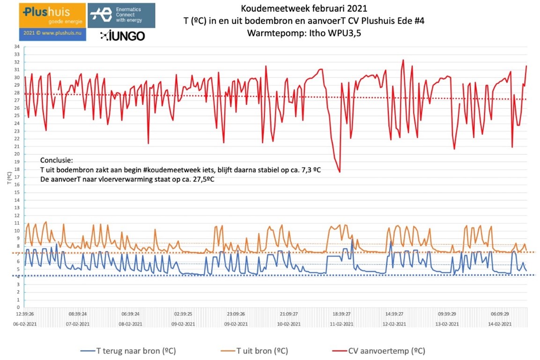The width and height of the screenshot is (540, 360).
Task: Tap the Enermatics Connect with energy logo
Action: click(x=122, y=15)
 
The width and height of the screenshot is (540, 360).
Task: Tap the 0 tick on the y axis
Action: click(x=18, y=307)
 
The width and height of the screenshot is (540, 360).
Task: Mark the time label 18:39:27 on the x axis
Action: click(x=341, y=314)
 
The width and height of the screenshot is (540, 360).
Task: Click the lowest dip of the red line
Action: click(x=340, y=172)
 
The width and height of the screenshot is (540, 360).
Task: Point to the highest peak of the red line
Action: click(x=403, y=60)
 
